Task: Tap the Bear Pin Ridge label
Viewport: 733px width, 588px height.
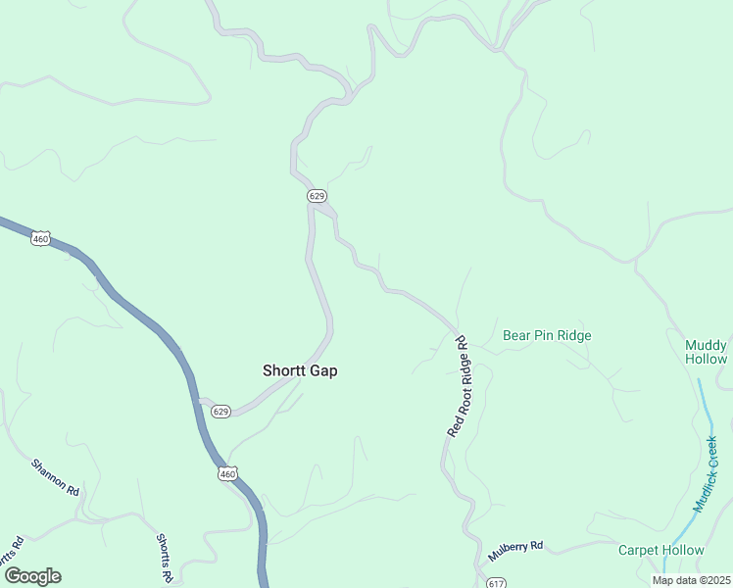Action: point(547,335)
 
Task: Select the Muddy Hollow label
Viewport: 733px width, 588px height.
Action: point(706,352)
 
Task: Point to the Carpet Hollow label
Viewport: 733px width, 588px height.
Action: point(660,550)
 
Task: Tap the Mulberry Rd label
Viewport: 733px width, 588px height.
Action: point(514,552)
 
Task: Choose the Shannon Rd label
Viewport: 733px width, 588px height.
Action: point(55,476)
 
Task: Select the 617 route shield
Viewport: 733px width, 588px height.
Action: point(495,582)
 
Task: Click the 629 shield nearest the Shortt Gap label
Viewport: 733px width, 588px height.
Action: point(220,412)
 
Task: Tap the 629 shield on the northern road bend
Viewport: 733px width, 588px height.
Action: point(316,196)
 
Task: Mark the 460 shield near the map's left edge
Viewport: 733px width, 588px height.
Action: point(40,238)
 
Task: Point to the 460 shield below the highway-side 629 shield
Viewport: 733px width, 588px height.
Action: point(227,474)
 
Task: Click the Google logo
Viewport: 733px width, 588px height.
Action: point(31,576)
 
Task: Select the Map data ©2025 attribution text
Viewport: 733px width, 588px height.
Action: point(691,580)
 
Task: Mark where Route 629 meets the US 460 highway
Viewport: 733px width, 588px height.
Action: point(202,402)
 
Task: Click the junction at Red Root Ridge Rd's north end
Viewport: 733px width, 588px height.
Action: point(457,331)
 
